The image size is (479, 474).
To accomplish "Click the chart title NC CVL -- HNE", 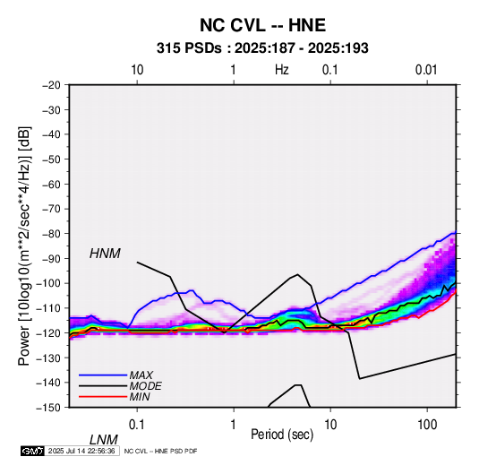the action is point(262,25).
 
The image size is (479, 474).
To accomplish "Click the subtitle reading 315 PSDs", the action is point(189,48).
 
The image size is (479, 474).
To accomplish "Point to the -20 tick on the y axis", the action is point(51,85).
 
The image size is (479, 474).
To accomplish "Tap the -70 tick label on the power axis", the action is point(51,209).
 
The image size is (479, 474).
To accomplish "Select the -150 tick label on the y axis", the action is point(49,408).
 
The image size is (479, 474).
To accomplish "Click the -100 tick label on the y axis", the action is point(49,283).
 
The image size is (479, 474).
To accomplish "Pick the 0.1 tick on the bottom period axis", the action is point(137,425).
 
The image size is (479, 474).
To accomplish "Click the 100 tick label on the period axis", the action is point(427,425).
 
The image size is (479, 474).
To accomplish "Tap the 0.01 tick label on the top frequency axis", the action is point(426,70).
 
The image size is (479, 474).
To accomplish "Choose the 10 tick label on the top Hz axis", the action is point(137,70).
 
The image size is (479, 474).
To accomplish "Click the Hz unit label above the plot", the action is point(282,70).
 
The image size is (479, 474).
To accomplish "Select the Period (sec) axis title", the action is point(282,435).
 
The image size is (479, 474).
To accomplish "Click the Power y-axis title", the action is point(24,246).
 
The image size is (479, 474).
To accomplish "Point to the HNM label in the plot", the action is point(105,254).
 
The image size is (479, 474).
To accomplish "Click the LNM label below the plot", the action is point(104,440).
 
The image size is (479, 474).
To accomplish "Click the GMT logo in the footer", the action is point(33,451).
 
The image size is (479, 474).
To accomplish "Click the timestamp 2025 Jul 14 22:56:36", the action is point(81,451).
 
